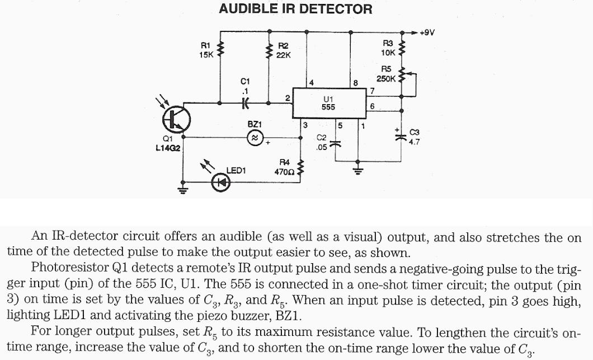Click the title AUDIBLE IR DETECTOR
point(295,9)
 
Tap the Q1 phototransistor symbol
point(176,119)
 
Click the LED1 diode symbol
point(220,181)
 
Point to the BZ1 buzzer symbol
point(255,137)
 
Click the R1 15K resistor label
point(206,50)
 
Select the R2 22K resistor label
point(283,50)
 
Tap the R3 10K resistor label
point(388,48)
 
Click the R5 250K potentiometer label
point(386,74)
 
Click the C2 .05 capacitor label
point(321,142)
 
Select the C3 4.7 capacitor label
point(415,137)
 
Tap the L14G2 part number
point(167,148)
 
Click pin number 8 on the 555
point(355,83)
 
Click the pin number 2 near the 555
point(287,98)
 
